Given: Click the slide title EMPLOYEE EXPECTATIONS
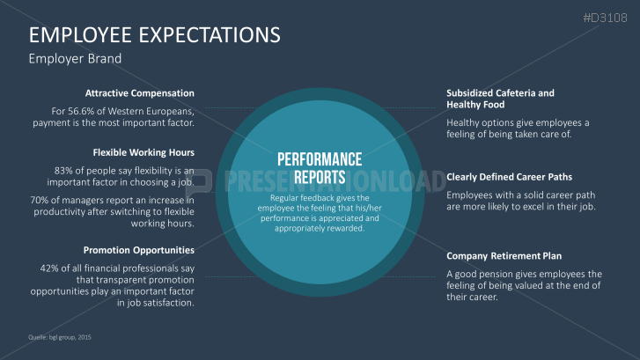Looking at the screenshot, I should tap(155, 35).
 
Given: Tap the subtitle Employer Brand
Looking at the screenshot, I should tap(75, 59).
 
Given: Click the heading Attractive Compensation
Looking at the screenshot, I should tap(140, 93).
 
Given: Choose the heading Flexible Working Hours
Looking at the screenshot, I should tap(143, 152).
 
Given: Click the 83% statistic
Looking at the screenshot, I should tap(65, 170).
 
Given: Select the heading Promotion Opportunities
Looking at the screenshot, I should tap(139, 250).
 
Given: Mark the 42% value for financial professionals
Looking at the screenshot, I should tap(51, 268).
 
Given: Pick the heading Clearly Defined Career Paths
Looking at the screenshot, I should tap(514, 176).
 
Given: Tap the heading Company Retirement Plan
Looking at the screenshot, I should tap(504, 256).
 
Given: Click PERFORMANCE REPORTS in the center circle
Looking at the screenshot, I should tap(320, 168).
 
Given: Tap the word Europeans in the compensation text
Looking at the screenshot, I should tap(167, 111).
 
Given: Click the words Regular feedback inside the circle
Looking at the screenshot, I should tap(292, 197).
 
